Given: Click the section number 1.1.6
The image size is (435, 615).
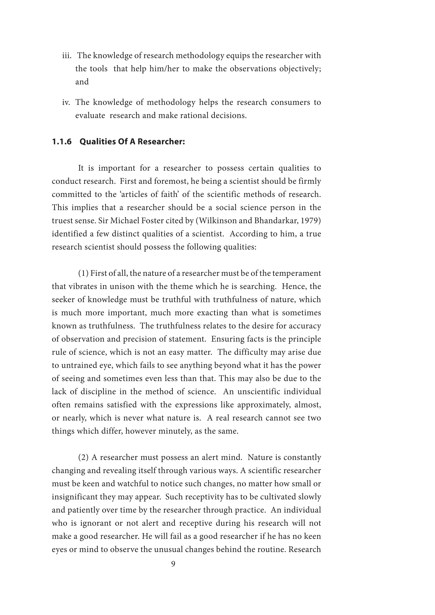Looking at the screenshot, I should point(62,141).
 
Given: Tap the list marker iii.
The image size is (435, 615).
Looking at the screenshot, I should point(67,56).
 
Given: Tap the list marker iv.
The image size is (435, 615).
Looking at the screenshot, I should point(66,102).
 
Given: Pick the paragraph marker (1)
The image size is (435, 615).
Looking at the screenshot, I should point(83,273).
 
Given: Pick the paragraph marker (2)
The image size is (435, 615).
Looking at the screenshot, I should point(83,457).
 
